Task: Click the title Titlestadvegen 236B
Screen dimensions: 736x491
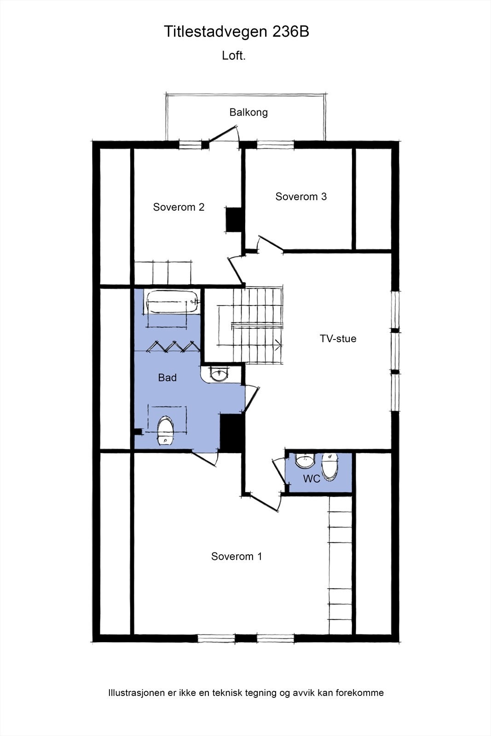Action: (x=237, y=32)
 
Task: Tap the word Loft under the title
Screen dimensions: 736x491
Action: (x=234, y=56)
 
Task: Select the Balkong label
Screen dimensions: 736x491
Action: (x=248, y=112)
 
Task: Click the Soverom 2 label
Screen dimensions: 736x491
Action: (x=179, y=207)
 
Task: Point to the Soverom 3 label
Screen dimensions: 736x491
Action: (x=301, y=196)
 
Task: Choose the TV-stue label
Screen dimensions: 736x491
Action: (x=338, y=339)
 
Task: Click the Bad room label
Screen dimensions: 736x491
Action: (x=167, y=378)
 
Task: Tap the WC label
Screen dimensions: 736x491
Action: (x=312, y=479)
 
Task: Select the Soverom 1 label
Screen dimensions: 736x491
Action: (x=237, y=556)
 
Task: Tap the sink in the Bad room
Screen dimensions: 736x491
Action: (x=219, y=373)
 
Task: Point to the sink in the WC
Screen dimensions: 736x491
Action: (x=304, y=460)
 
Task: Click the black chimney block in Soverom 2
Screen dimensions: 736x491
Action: (x=234, y=220)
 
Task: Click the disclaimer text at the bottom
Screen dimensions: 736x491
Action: (x=245, y=693)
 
